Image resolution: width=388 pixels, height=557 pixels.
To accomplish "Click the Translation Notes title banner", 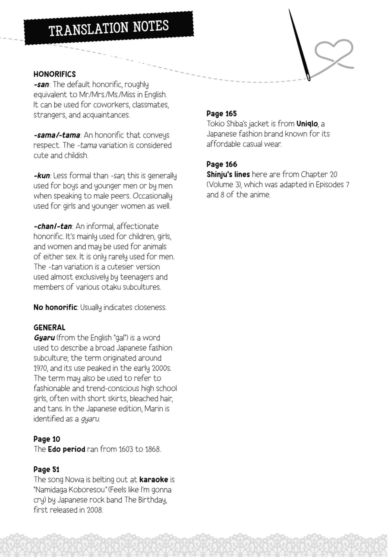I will pyautogui.click(x=109, y=28).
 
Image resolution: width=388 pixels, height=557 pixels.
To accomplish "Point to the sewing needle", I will pyautogui.click(x=299, y=45).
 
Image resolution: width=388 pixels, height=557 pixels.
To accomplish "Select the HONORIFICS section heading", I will pyautogui.click(x=54, y=74).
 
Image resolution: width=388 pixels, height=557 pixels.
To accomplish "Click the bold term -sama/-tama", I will pyautogui.click(x=57, y=135).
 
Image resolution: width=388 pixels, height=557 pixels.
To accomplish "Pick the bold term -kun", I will pyautogui.click(x=42, y=176).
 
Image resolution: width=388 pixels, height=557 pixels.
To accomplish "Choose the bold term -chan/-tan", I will pyautogui.click(x=53, y=226).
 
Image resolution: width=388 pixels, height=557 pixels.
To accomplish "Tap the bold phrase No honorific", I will pyautogui.click(x=55, y=307).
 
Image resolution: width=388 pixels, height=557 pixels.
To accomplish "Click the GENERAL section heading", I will pyautogui.click(x=49, y=327).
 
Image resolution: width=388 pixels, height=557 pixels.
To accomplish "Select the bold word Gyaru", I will pyautogui.click(x=44, y=338).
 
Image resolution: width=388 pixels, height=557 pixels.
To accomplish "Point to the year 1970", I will pyautogui.click(x=40, y=368).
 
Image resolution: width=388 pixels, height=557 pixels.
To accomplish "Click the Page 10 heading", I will pyautogui.click(x=47, y=439).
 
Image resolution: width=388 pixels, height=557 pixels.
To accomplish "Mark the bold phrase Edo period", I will pyautogui.click(x=66, y=449).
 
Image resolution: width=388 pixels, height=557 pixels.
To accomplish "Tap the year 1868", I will pyautogui.click(x=152, y=449).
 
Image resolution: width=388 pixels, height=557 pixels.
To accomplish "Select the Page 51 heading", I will pyautogui.click(x=47, y=469).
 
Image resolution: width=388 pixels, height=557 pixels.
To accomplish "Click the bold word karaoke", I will pyautogui.click(x=154, y=479).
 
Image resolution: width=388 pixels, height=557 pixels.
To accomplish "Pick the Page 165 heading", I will pyautogui.click(x=221, y=114).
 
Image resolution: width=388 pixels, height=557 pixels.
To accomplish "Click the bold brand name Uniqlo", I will pyautogui.click(x=307, y=124).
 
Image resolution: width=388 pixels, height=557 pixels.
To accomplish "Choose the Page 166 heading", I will pyautogui.click(x=221, y=164).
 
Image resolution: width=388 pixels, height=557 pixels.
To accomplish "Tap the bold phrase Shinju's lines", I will pyautogui.click(x=228, y=174).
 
